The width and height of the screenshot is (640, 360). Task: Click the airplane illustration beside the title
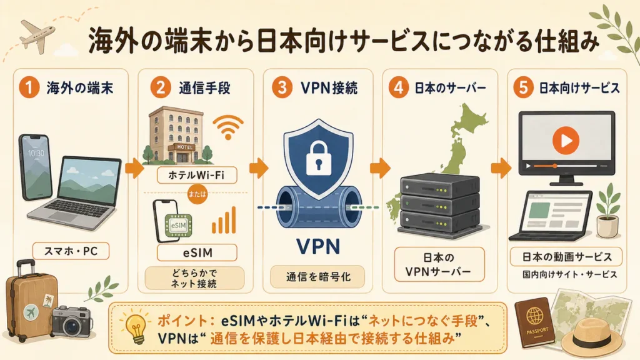(37, 36)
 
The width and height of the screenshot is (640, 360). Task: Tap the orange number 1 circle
(29, 87)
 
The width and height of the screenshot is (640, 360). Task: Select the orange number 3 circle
(282, 87)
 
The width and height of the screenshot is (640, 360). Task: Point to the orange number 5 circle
(523, 87)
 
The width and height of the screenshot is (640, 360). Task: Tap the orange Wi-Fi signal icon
(228, 127)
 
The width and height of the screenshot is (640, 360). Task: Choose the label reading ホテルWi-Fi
(197, 175)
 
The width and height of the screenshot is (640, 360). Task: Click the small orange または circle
(197, 194)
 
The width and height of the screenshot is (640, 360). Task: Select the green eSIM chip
(178, 225)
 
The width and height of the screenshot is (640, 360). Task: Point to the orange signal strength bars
(224, 220)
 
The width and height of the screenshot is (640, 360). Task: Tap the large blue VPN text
(318, 246)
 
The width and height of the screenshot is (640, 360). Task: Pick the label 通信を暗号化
(318, 277)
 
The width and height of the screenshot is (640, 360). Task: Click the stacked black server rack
(439, 206)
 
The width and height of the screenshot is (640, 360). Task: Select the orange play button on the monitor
(566, 140)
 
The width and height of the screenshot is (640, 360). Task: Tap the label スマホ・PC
(71, 251)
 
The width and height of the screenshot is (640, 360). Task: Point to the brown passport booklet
(535, 322)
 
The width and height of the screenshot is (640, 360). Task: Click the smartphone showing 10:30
(36, 167)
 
